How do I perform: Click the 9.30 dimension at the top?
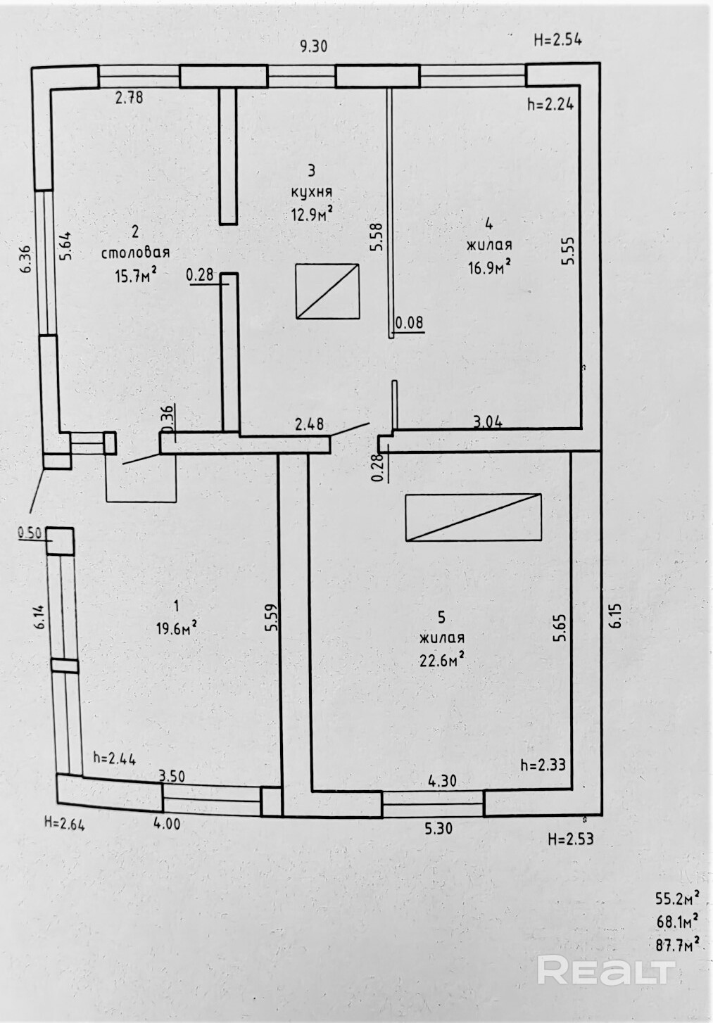[313, 46]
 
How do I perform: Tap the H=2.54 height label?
[557, 39]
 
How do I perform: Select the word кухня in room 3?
[311, 191]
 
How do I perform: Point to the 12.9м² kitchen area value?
[312, 213]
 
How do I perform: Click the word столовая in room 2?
[135, 253]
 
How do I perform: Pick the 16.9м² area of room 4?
[489, 267]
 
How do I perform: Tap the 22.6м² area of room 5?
[442, 660]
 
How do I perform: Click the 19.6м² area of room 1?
[176, 627]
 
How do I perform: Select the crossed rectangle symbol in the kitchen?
[327, 291]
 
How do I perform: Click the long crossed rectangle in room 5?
[473, 516]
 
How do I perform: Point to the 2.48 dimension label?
[309, 424]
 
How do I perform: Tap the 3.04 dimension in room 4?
[487, 421]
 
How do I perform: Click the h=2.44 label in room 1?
[114, 758]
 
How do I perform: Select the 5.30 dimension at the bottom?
[438, 829]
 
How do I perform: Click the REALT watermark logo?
[606, 972]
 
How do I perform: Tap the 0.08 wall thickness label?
[409, 323]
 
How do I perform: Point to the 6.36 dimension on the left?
[25, 258]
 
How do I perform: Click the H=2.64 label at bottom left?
[64, 823]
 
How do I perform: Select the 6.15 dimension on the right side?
[615, 616]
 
